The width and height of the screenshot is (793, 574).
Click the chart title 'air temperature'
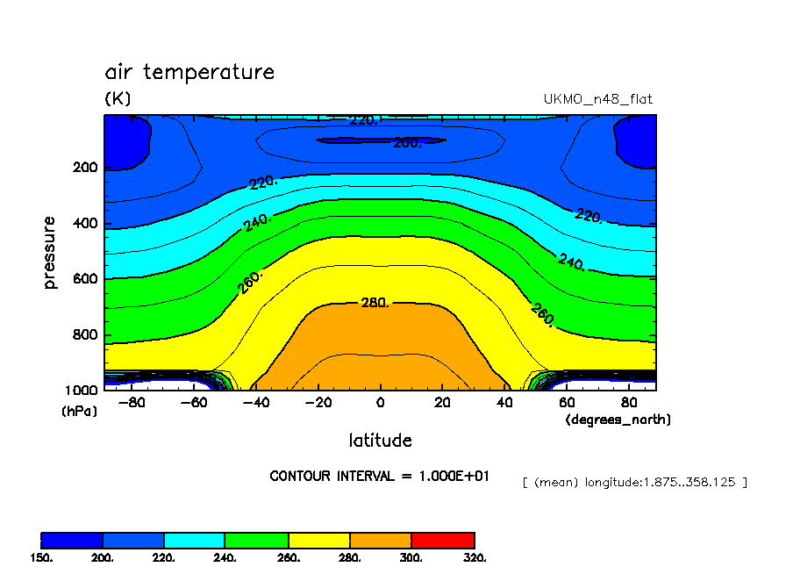coord(189,72)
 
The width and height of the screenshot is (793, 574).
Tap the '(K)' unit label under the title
coord(118,99)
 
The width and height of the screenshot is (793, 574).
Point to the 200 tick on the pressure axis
coord(86,168)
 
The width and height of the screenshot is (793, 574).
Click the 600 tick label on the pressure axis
coord(86,279)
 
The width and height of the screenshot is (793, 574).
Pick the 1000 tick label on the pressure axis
coord(82,391)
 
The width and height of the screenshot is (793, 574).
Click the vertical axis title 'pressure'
coord(50,253)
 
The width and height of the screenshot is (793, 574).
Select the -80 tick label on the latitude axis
coord(131,403)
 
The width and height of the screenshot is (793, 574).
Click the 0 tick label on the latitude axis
coord(380,403)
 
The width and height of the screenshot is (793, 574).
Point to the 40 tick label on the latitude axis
coord(504,403)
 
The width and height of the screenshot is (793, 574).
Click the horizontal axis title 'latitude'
coord(380,440)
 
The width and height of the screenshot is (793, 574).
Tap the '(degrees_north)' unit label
coord(618,420)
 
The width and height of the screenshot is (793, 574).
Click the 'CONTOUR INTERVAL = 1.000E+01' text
coord(379,476)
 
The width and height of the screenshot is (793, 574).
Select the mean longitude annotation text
coord(634,482)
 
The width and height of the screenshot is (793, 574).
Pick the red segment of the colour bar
coord(443,540)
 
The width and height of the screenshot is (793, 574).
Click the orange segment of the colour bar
coord(381,540)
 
